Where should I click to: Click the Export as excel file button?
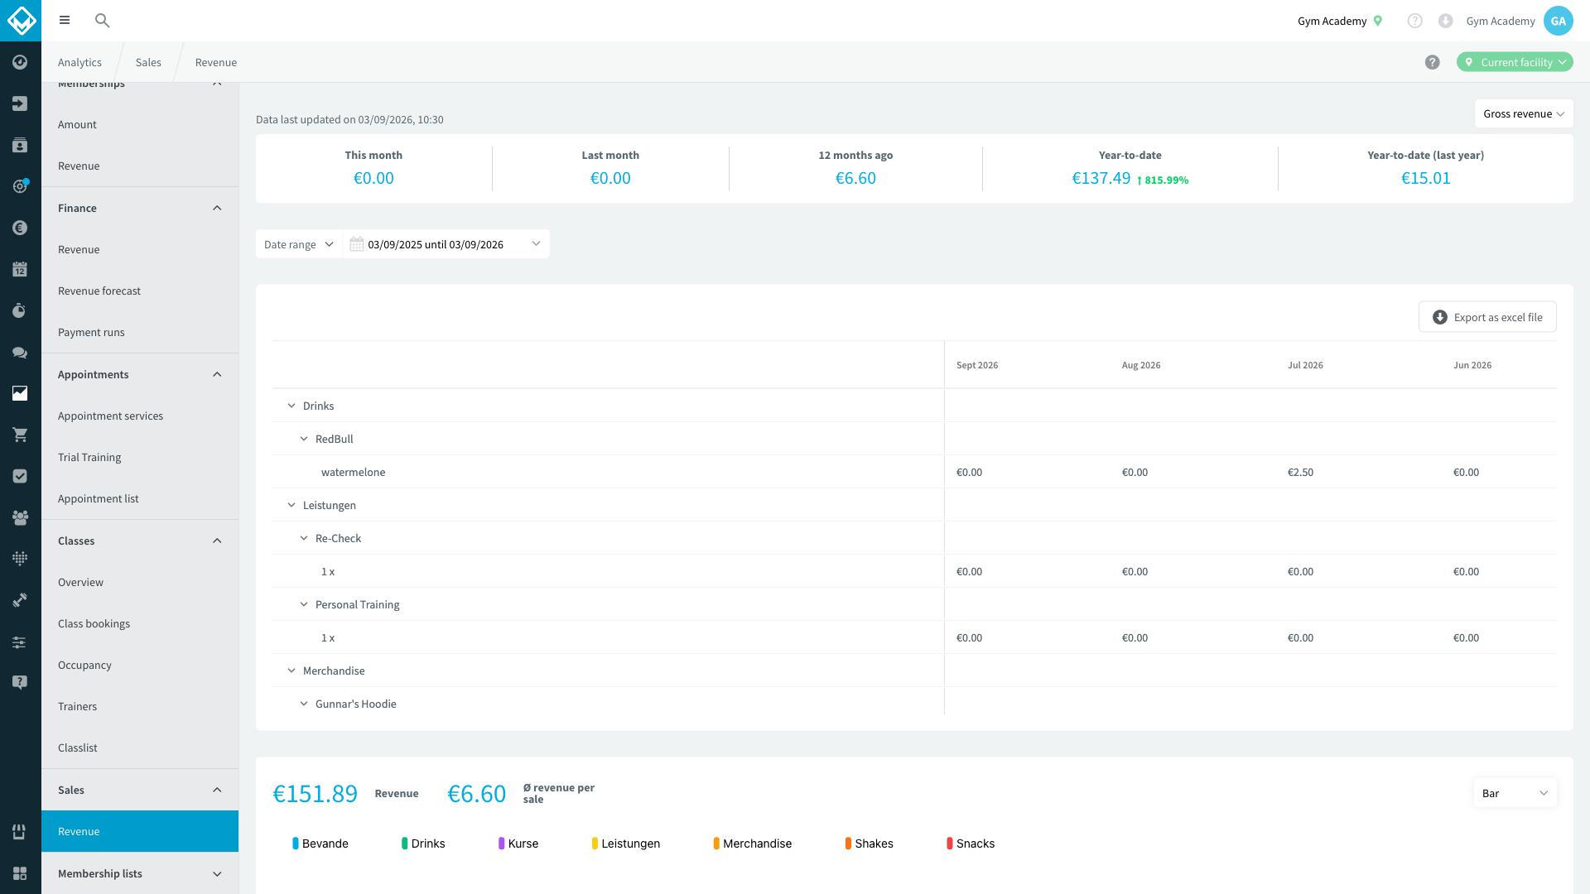(x=1487, y=317)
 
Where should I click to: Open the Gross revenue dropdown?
(x=1524, y=114)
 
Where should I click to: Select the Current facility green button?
(x=1515, y=62)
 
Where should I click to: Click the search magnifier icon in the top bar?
(x=103, y=21)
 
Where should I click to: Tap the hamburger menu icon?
(x=65, y=21)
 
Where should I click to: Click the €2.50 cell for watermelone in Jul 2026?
(x=1300, y=473)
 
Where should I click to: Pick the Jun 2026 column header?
(x=1472, y=365)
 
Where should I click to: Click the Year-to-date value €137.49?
(x=1101, y=178)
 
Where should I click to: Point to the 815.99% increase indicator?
(x=1163, y=180)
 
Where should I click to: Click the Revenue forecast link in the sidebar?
(x=99, y=291)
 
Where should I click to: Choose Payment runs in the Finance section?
(x=91, y=333)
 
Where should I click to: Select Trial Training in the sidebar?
(x=89, y=458)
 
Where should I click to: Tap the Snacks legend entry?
(x=971, y=844)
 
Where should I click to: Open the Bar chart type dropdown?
(x=1515, y=793)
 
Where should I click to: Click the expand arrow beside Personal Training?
(x=304, y=605)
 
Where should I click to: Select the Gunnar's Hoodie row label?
(x=356, y=704)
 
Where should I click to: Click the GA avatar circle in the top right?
(x=1558, y=21)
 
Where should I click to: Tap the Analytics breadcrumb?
(x=79, y=63)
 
